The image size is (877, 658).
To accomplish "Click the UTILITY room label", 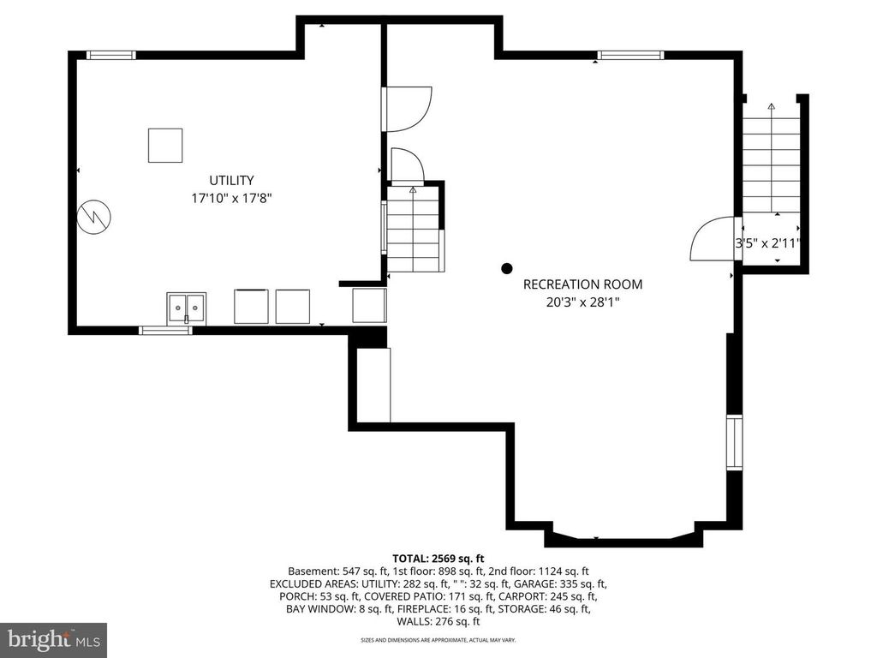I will (231, 180).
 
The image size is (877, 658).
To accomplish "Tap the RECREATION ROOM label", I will (582, 284).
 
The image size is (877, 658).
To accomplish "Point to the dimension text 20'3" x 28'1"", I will (582, 302).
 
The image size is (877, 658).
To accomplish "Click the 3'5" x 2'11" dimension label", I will (767, 243).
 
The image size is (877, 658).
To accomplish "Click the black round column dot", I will (507, 268).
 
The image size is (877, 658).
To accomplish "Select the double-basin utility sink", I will (186, 306).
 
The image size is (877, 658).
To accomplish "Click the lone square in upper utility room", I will (165, 145).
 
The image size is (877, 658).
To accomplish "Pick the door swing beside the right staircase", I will (711, 239).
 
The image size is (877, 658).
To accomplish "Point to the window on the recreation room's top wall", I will (631, 56).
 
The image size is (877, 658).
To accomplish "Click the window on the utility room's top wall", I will (111, 56).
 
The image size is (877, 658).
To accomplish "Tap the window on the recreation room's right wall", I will (734, 442).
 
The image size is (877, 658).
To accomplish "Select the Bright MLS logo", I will (53, 639).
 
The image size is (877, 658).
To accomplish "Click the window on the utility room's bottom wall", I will (165, 330).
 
